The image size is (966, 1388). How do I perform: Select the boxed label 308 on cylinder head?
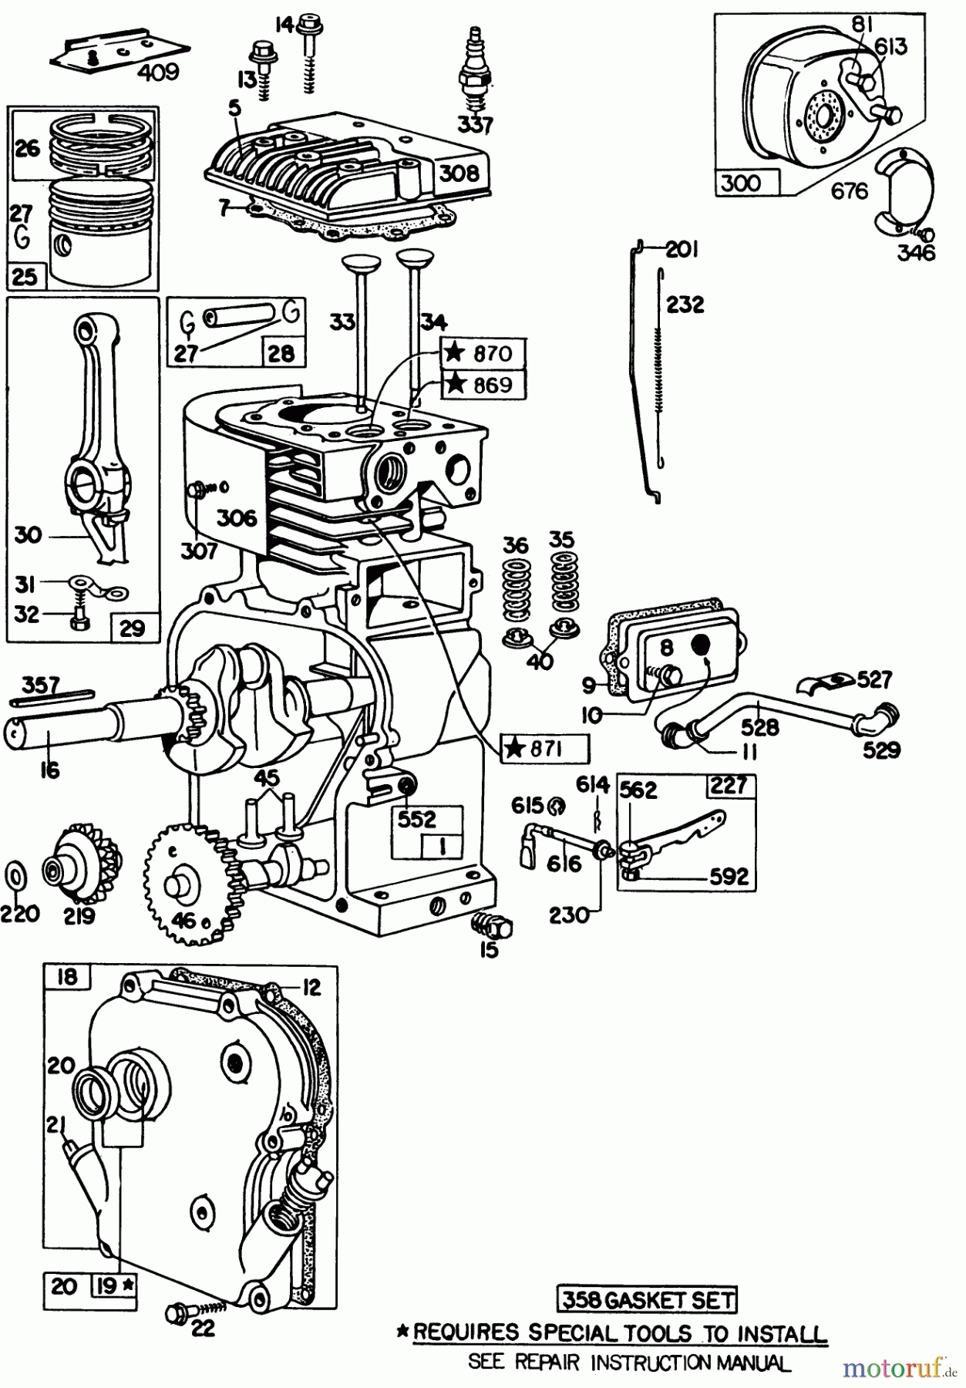(x=459, y=173)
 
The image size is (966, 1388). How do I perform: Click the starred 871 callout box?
(x=545, y=748)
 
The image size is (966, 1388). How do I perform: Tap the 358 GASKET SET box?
(x=646, y=1300)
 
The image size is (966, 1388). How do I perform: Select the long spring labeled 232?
(x=660, y=370)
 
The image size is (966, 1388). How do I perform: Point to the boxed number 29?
(x=133, y=627)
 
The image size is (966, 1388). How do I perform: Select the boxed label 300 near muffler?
(x=740, y=183)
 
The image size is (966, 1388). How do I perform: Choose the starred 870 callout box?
(x=483, y=353)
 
